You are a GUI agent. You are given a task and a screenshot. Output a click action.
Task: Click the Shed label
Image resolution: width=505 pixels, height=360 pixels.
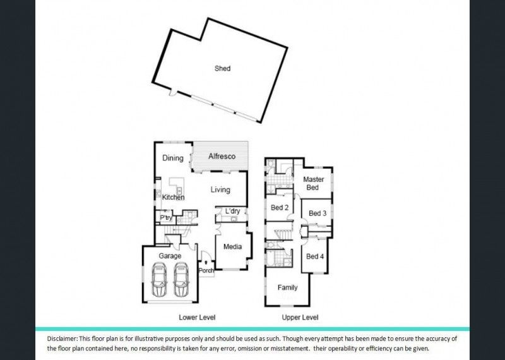[x=222, y=69]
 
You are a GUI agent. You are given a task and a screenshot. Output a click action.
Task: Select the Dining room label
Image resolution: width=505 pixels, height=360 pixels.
[x=173, y=159]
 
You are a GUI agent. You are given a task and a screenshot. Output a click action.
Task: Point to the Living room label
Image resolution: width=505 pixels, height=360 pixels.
[x=220, y=190]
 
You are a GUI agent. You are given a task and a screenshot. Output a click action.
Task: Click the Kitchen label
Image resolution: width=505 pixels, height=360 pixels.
[x=174, y=198]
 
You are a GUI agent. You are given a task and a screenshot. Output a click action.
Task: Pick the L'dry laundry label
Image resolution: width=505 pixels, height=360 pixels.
[x=232, y=211]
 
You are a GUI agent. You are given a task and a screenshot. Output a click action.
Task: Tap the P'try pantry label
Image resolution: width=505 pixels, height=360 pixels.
[x=166, y=218]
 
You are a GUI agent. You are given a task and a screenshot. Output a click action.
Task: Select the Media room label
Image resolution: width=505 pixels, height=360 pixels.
[x=232, y=246]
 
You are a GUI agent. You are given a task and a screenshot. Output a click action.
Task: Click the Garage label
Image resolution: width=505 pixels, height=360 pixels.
[x=170, y=256]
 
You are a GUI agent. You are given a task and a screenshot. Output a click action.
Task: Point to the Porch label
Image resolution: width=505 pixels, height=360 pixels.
[x=206, y=271]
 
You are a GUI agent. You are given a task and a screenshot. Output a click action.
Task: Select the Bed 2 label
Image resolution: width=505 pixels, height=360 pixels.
[x=280, y=208]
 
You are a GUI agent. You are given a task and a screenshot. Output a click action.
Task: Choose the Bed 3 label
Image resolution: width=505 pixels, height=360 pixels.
[x=316, y=213]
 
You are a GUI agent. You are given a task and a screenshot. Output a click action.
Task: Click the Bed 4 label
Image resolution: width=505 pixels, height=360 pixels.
[x=316, y=256]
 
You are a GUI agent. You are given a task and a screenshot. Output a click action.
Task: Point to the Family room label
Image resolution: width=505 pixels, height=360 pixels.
[x=287, y=287]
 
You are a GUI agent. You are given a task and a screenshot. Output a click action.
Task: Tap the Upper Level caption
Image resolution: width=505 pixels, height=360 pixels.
[x=300, y=317]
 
